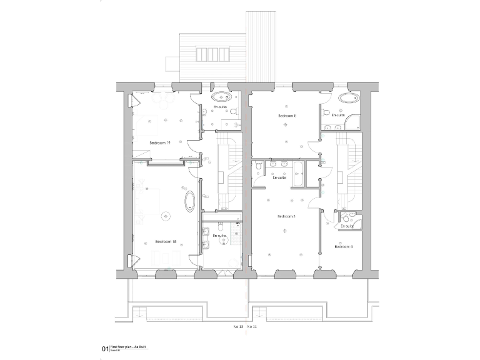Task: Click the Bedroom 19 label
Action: pyautogui.click(x=160, y=143)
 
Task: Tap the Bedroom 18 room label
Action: pyautogui.click(x=166, y=241)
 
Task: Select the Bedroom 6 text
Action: pyautogui.click(x=287, y=116)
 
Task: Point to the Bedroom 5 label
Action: pyautogui.click(x=286, y=216)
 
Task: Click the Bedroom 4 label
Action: pyautogui.click(x=343, y=247)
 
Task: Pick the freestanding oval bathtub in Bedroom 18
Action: pyautogui.click(x=189, y=202)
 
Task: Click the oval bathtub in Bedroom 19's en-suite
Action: pyautogui.click(x=221, y=97)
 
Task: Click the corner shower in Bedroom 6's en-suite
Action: pyautogui.click(x=354, y=122)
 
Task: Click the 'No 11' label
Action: pyautogui.click(x=252, y=327)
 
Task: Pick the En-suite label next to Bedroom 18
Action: pyautogui.click(x=219, y=236)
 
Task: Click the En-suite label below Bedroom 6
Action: pyautogui.click(x=279, y=177)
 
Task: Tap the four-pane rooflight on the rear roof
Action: pyautogui.click(x=212, y=54)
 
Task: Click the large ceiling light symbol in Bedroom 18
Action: pyautogui.click(x=166, y=216)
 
